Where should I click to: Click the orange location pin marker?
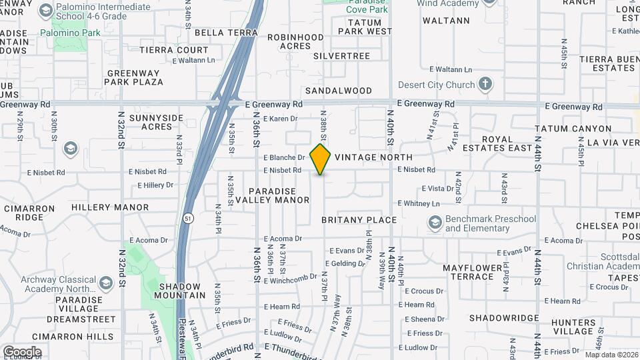[321, 159]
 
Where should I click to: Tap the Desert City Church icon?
[485, 85]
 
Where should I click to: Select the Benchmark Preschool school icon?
[435, 223]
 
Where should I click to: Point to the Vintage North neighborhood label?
[373, 157]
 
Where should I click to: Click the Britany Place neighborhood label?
[359, 220]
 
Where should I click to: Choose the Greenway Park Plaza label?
[135, 77]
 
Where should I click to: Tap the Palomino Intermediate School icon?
[45, 11]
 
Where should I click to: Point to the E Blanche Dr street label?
[284, 158]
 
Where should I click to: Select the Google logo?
[22, 352]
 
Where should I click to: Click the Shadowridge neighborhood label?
[503, 318]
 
